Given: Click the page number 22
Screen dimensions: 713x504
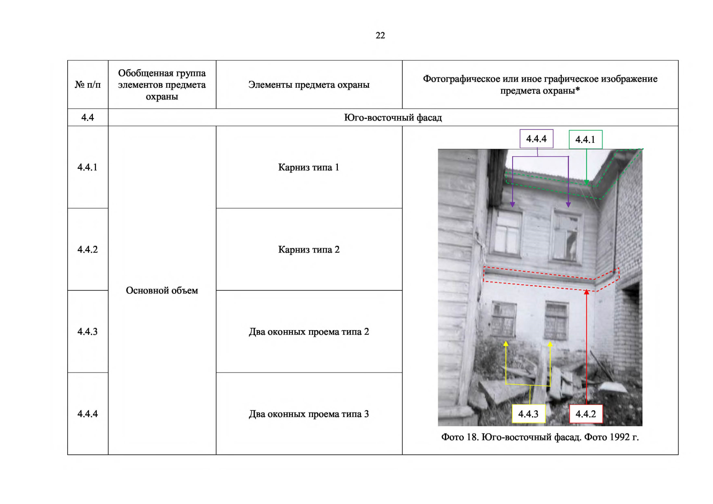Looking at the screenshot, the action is [380, 35].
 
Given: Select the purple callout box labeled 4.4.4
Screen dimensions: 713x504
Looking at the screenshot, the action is [537, 139].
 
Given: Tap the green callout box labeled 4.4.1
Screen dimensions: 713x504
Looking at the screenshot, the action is [586, 139].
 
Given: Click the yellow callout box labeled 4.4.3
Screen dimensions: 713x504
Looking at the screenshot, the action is [529, 414].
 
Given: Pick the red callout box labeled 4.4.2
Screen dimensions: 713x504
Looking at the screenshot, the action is [586, 414].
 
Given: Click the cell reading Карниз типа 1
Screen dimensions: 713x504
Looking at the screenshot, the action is [309, 167].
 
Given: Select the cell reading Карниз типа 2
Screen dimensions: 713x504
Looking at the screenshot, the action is [309, 249].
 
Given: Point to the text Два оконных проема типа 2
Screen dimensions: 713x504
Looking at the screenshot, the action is [309, 331].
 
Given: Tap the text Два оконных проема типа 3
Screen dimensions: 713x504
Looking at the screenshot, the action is [309, 414].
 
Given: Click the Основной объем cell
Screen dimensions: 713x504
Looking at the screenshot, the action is [162, 290].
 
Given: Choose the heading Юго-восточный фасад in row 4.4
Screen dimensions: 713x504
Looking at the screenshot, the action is [393, 118].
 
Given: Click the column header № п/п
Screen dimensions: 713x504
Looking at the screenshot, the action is [87, 85].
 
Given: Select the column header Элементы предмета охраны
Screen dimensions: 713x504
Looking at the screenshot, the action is [309, 85].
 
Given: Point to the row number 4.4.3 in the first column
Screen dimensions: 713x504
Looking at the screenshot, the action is [87, 331].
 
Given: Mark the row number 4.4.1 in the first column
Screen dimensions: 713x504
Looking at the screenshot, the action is [87, 167].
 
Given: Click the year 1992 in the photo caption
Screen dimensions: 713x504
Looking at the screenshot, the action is [620, 437].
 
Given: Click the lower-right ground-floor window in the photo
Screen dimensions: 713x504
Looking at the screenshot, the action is [556, 321].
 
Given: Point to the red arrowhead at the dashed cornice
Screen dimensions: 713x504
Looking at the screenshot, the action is [586, 292].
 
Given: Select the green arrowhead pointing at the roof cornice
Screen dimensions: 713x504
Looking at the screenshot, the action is [586, 182].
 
